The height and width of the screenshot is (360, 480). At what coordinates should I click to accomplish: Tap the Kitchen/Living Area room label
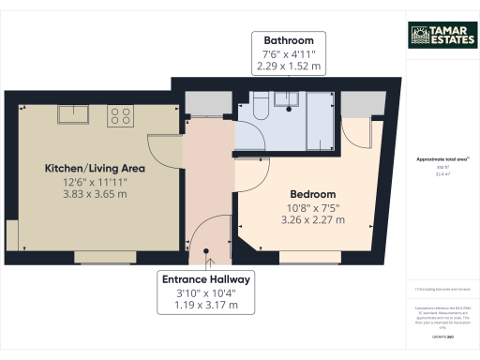pyautogui.click(x=94, y=168)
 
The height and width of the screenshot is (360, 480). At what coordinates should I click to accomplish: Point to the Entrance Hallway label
pyautogui.click(x=205, y=279)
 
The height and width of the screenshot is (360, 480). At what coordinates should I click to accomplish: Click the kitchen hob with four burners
pyautogui.click(x=120, y=115)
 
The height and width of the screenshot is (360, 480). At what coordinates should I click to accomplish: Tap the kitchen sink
pyautogui.click(x=71, y=114)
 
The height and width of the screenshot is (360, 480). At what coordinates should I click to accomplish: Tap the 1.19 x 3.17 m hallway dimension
pyautogui.click(x=205, y=306)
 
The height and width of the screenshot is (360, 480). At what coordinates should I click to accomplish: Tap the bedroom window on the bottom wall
pyautogui.click(x=303, y=256)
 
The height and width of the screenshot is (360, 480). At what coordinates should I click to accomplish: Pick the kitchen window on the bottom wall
pyautogui.click(x=98, y=256)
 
